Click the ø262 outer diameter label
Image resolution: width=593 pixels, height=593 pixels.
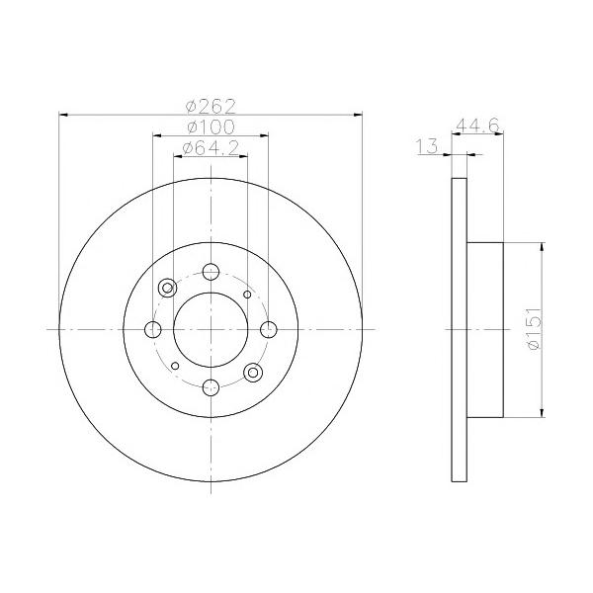pyautogui.click(x=211, y=107)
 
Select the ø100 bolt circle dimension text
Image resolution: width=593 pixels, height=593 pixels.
pyautogui.click(x=211, y=127)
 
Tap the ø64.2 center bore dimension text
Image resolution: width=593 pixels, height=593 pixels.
pyautogui.click(x=211, y=148)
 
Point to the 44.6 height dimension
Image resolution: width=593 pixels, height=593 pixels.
pyautogui.click(x=478, y=126)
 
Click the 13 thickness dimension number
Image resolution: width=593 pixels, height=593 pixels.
pyautogui.click(x=427, y=146)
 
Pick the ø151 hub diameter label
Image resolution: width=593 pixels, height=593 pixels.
pyautogui.click(x=534, y=329)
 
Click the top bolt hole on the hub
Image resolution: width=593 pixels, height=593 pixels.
pyautogui.click(x=211, y=272)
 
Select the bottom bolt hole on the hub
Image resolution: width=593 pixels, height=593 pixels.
pyautogui.click(x=211, y=387)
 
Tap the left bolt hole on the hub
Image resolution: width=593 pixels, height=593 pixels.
pyautogui.click(x=153, y=329)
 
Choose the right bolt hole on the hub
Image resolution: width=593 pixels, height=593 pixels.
pyautogui.click(x=269, y=329)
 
